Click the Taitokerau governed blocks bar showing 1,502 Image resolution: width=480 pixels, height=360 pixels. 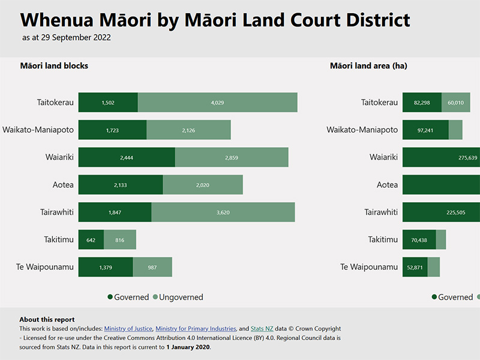pyautogui.click(x=108, y=103)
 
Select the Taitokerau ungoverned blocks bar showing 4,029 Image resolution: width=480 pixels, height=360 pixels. pyautogui.click(x=217, y=103)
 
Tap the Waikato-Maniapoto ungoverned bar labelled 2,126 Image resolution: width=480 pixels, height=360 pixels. pyautogui.click(x=188, y=130)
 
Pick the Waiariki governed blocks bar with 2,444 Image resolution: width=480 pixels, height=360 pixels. pyautogui.click(x=127, y=157)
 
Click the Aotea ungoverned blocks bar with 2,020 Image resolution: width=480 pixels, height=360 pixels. pyautogui.click(x=203, y=185)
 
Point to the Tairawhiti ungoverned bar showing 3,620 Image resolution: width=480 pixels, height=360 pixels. pyautogui.click(x=223, y=212)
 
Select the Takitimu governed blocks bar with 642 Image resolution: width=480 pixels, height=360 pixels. pyautogui.click(x=91, y=240)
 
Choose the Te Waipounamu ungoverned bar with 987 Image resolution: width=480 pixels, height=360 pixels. pyautogui.click(x=152, y=267)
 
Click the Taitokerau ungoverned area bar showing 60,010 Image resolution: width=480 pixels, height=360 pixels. pyautogui.click(x=456, y=103)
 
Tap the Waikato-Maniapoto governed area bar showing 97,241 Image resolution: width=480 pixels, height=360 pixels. pyautogui.click(x=425, y=130)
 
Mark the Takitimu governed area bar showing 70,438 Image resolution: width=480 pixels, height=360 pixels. pyautogui.click(x=419, y=240)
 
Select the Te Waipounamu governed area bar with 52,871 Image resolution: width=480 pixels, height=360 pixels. pyautogui.click(x=415, y=267)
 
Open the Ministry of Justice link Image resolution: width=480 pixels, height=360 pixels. pyautogui.click(x=128, y=329)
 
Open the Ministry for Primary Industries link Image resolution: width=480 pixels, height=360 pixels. pyautogui.click(x=196, y=329)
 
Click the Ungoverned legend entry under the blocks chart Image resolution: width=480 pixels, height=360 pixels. pyautogui.click(x=178, y=297)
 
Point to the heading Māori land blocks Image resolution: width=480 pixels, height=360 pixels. pyautogui.click(x=54, y=66)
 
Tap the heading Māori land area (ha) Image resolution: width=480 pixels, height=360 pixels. pyautogui.click(x=368, y=66)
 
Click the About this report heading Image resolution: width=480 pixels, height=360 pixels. pyautogui.click(x=47, y=320)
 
